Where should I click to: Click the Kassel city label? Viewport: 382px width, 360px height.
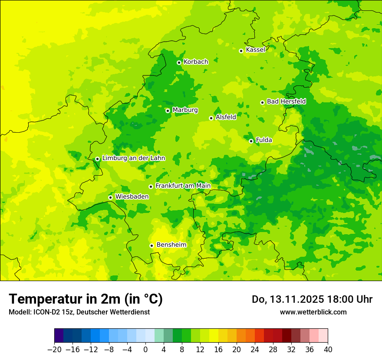click(x=255, y=50)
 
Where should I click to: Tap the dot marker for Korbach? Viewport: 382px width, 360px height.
click(x=179, y=62)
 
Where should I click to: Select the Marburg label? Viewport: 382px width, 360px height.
click(x=185, y=110)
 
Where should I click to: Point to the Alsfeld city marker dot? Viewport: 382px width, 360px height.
click(x=211, y=118)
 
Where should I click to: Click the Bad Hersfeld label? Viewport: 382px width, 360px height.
click(x=286, y=101)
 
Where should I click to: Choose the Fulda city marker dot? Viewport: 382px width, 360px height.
click(x=251, y=141)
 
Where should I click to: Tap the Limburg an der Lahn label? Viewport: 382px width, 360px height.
click(x=133, y=158)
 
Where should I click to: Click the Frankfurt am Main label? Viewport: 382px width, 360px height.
click(x=183, y=186)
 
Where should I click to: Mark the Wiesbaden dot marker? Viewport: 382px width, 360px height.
click(x=110, y=197)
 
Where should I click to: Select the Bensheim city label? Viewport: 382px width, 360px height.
click(x=171, y=245)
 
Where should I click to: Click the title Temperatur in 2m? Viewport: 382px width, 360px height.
click(x=86, y=299)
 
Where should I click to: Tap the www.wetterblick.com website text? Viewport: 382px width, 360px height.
click(x=313, y=312)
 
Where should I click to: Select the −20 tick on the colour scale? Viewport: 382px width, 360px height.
click(x=54, y=350)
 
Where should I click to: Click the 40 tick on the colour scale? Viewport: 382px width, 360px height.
click(x=328, y=350)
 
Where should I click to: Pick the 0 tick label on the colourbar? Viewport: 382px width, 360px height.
click(x=145, y=350)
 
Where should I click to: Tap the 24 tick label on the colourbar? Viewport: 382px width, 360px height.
click(x=255, y=350)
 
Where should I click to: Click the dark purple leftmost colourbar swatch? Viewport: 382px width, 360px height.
click(x=59, y=336)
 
